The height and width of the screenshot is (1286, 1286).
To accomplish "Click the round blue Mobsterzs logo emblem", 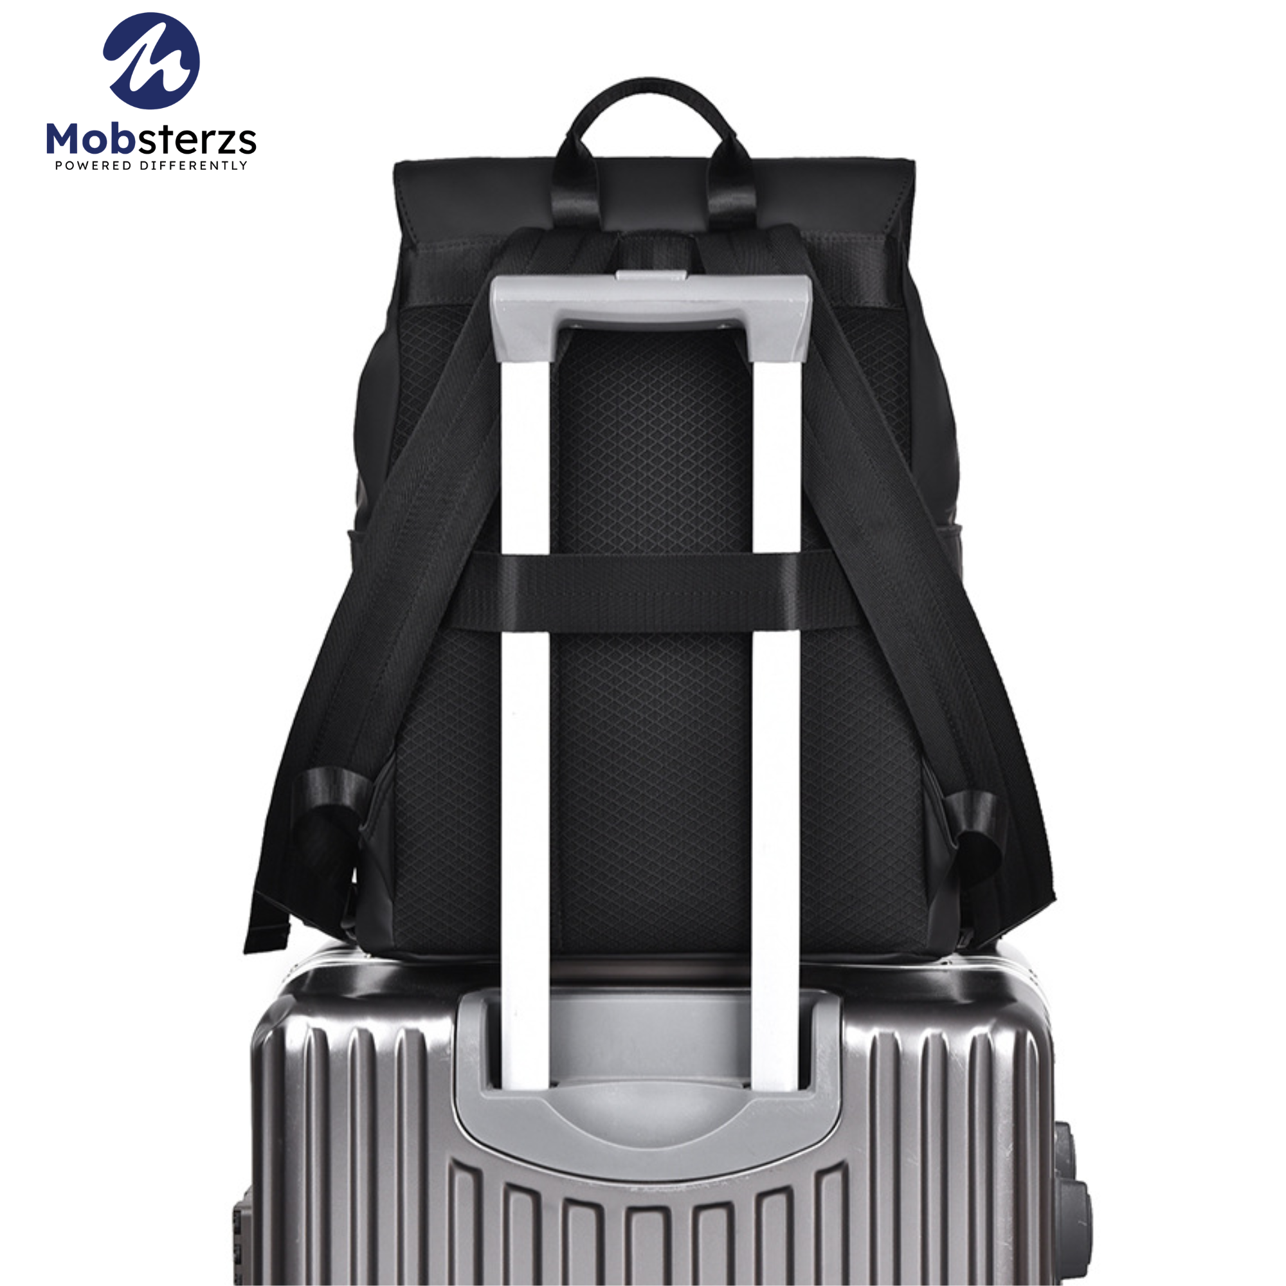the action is click(151, 60).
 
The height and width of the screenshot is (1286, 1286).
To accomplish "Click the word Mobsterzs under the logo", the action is click(151, 140).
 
